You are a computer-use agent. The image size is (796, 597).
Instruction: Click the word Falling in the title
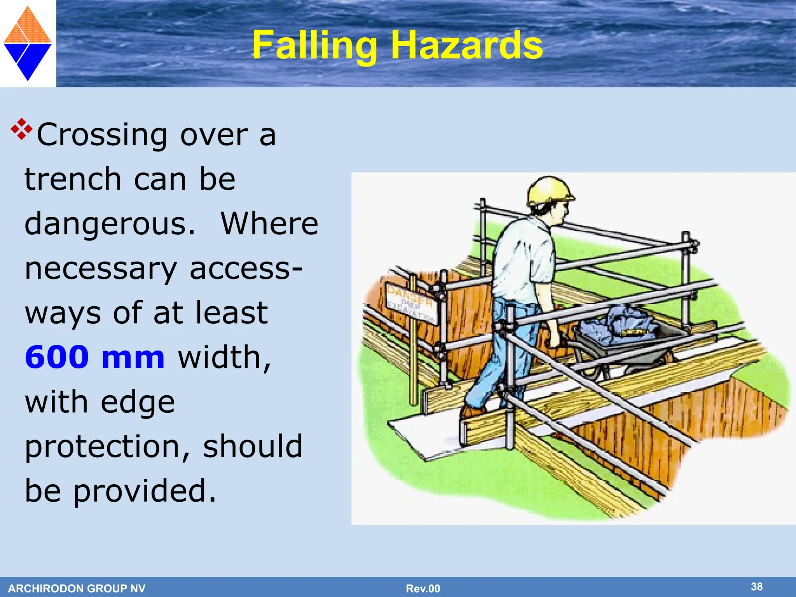(314, 46)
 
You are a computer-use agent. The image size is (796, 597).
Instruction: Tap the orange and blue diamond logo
(28, 44)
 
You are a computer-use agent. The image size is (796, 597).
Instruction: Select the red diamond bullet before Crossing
(22, 129)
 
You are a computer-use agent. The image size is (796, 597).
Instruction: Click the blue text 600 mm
(95, 358)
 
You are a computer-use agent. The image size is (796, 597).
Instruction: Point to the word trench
(73, 180)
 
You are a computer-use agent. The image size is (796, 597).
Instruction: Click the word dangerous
(110, 224)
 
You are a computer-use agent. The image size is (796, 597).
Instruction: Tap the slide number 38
(756, 587)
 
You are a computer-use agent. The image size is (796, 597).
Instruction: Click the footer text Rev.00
(423, 588)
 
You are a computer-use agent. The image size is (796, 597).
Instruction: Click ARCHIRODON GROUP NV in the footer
(77, 588)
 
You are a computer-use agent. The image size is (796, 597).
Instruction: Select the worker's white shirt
(523, 260)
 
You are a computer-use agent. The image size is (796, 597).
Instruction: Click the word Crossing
(103, 135)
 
